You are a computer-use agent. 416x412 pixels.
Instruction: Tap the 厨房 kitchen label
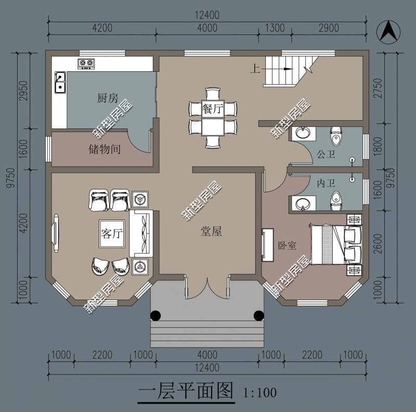(x=108, y=98)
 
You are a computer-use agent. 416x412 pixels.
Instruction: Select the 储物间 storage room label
(x=105, y=150)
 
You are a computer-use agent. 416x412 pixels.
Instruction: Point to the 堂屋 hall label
(x=211, y=232)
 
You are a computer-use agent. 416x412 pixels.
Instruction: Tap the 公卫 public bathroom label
(x=326, y=154)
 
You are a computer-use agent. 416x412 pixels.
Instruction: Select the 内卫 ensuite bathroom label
(x=326, y=184)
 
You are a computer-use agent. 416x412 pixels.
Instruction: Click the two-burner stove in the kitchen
(x=86, y=64)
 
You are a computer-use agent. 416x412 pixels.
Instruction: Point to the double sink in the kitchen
(x=60, y=82)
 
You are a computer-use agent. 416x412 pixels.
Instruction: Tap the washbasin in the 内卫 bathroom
(x=301, y=204)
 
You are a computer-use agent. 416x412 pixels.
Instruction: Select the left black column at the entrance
(x=155, y=315)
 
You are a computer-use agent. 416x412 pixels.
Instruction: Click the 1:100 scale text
(x=259, y=392)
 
